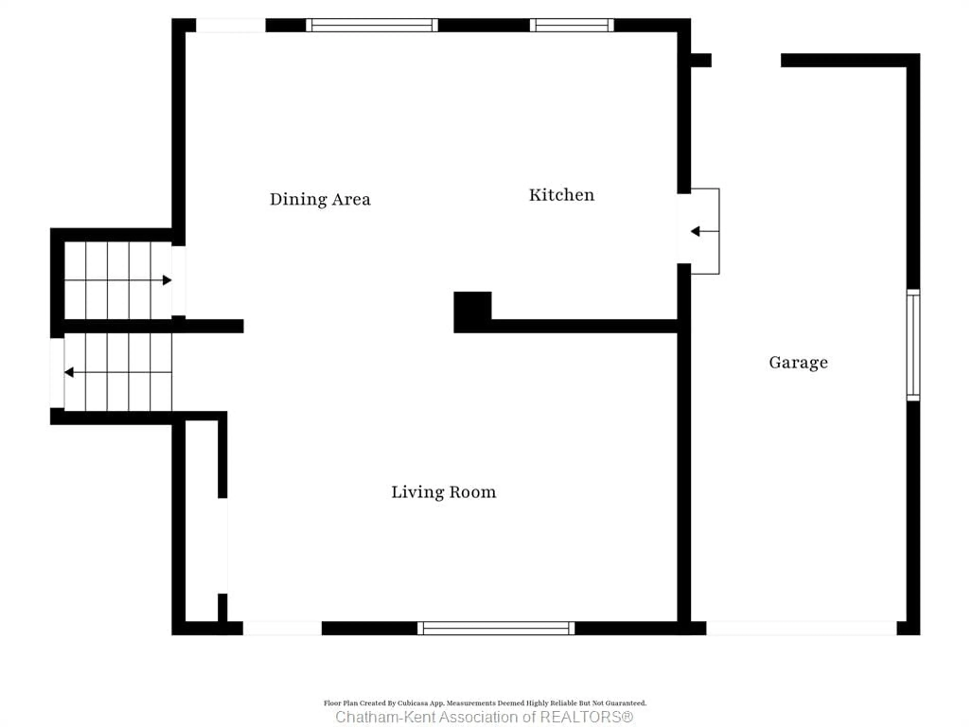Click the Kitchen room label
tap(562, 195)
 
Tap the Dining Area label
tap(320, 199)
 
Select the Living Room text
tap(443, 492)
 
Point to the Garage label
tap(798, 362)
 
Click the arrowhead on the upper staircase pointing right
tap(167, 280)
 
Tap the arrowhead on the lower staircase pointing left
tap(69, 372)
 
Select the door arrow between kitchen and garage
tap(696, 231)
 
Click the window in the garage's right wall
tap(913, 345)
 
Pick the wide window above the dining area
tap(371, 25)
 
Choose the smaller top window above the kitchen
tap(572, 25)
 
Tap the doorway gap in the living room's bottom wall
tap(283, 628)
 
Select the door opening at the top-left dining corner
tap(230, 25)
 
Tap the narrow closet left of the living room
tap(202, 522)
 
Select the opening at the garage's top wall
tap(746, 60)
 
